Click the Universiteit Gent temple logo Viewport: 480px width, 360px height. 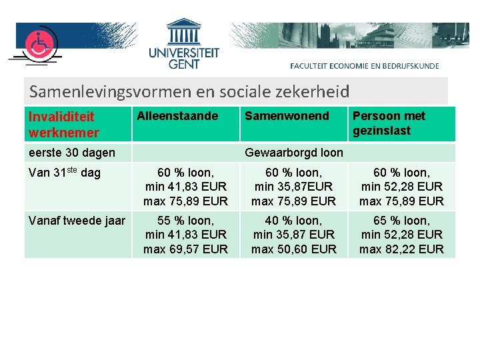(184, 33)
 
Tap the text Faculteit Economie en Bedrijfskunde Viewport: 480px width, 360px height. (365, 65)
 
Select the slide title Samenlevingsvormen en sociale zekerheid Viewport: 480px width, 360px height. (189, 91)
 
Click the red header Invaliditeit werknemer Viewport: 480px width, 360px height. (64, 124)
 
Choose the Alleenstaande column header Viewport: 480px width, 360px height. (177, 116)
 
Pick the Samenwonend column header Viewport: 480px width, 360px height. (287, 116)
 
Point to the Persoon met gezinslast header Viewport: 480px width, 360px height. (389, 123)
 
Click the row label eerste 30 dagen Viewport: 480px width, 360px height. (72, 153)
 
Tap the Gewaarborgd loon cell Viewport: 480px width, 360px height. (294, 153)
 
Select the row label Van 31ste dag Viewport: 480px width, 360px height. (65, 173)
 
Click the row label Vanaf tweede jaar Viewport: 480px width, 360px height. (77, 220)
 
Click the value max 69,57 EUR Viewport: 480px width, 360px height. (185, 249)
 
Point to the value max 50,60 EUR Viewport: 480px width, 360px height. (294, 249)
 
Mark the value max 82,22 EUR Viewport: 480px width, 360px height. (401, 249)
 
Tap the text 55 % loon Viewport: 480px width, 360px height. (185, 220)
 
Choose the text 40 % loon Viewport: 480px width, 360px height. (294, 220)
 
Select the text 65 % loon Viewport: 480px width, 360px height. (401, 220)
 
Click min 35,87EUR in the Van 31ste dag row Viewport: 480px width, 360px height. (294, 187)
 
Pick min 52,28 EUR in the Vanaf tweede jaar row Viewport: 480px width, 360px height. (401, 235)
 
